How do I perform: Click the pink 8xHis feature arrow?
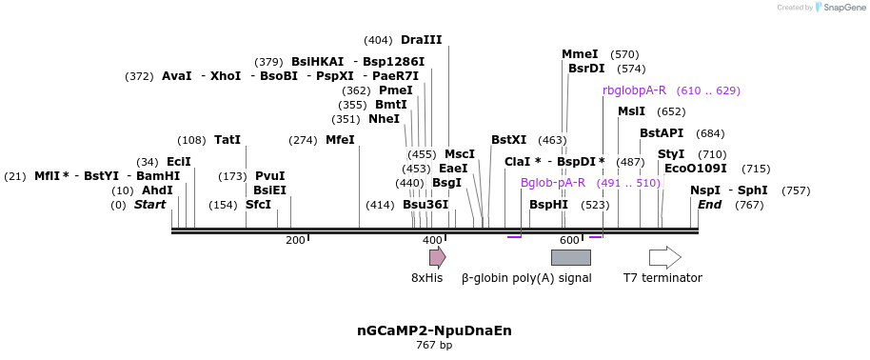(x=437, y=257)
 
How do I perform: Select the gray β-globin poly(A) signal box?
(x=570, y=257)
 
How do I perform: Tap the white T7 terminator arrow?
(x=664, y=257)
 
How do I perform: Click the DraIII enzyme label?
(x=421, y=40)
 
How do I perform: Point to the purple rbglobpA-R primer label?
(x=634, y=90)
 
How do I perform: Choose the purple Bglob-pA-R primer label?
(x=553, y=183)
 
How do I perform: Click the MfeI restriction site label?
(x=340, y=140)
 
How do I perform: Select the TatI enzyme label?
(x=227, y=140)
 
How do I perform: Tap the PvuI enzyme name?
(x=269, y=176)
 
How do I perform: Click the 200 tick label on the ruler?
(x=295, y=240)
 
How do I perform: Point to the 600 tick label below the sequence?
(x=569, y=240)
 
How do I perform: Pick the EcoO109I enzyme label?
(x=696, y=169)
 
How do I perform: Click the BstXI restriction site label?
(x=508, y=140)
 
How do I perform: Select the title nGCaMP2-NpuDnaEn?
(x=434, y=330)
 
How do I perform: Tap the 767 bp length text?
(x=434, y=345)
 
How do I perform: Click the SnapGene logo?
(x=839, y=8)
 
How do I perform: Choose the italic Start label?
(x=149, y=205)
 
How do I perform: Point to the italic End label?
(x=710, y=205)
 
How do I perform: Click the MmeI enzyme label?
(x=580, y=54)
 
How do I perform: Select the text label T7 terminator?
(x=662, y=278)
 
